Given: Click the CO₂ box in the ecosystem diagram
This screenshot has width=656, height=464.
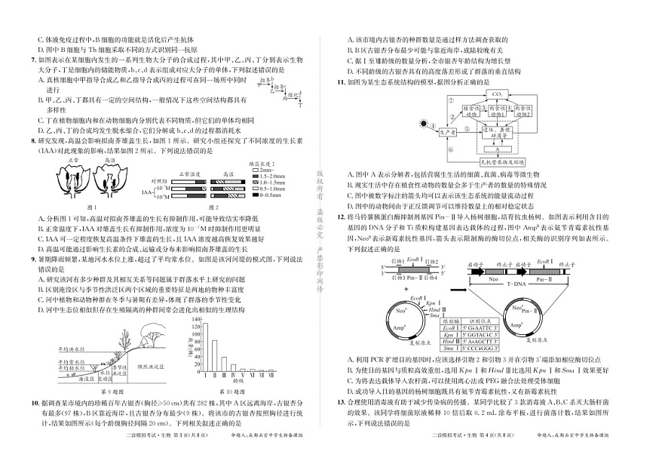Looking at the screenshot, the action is (x=497, y=94).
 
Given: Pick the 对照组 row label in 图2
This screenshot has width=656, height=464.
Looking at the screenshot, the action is (x=158, y=181).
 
